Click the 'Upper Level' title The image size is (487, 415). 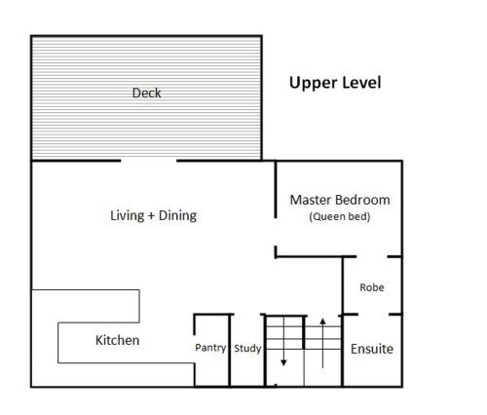pyautogui.click(x=335, y=83)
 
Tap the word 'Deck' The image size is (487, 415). pyautogui.click(x=146, y=94)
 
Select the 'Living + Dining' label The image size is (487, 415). pyautogui.click(x=153, y=215)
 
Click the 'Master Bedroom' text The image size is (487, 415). pyautogui.click(x=340, y=200)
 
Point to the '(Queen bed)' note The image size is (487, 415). pyautogui.click(x=340, y=216)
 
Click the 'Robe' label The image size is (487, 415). pyautogui.click(x=372, y=287)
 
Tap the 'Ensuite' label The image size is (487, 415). pyautogui.click(x=372, y=349)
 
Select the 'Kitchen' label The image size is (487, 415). pyautogui.click(x=118, y=340)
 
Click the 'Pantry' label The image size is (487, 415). pyautogui.click(x=210, y=348)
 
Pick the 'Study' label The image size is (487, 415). pyautogui.click(x=247, y=349)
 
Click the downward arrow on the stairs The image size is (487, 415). pyautogui.click(x=283, y=341)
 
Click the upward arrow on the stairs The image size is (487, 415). pyautogui.click(x=322, y=343)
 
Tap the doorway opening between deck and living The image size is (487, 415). pyautogui.click(x=149, y=161)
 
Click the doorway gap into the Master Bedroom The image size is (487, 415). pyautogui.click(x=276, y=232)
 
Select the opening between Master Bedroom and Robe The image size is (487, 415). pyautogui.click(x=372, y=256)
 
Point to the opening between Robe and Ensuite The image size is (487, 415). pyautogui.click(x=374, y=315)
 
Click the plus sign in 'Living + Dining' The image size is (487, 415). pyautogui.click(x=152, y=215)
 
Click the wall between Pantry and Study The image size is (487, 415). pyautogui.click(x=230, y=351)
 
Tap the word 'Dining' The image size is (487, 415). pyautogui.click(x=177, y=216)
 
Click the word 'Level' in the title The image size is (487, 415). pyautogui.click(x=360, y=83)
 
